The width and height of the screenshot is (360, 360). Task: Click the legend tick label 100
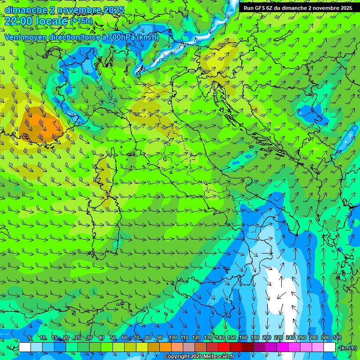coord(173,338)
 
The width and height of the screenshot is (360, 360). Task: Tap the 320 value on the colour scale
coord(337,338)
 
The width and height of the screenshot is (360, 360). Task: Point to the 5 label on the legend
coord(30,338)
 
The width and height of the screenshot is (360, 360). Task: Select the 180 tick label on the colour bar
coord(255,338)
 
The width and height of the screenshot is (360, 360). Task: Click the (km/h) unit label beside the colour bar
coord(348,347)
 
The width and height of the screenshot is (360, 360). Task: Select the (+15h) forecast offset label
coord(81,21)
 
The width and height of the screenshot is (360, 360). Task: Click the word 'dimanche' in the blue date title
coord(26,10)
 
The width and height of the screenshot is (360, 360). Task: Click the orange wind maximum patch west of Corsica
coord(39,124)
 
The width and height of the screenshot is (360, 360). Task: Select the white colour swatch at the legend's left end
coord(24,347)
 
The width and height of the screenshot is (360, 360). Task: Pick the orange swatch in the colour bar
coord(165,347)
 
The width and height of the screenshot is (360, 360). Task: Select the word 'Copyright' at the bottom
coord(177,357)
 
